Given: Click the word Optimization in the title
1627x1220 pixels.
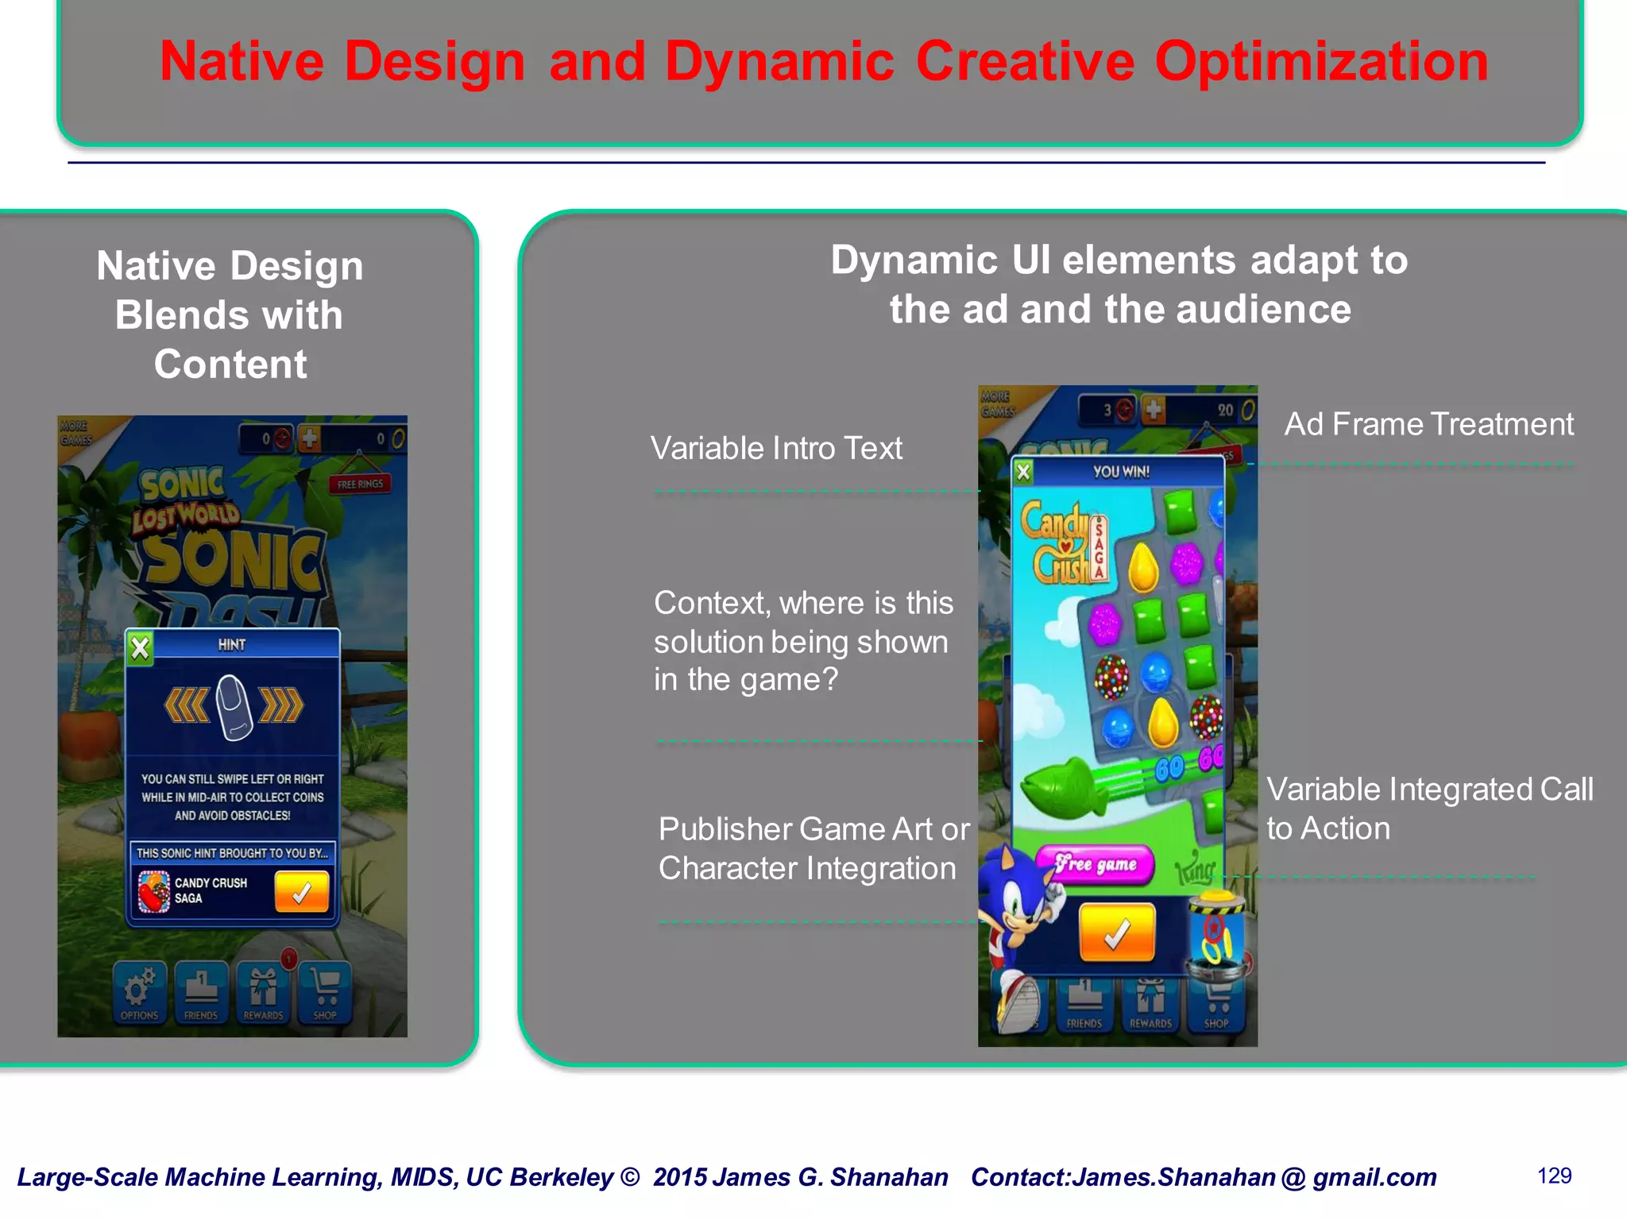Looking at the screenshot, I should tap(1320, 62).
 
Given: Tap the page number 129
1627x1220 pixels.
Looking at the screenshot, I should tap(1554, 1176).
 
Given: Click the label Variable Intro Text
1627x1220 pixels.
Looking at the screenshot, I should tap(776, 449).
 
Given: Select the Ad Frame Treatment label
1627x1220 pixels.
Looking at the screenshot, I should tap(1428, 424).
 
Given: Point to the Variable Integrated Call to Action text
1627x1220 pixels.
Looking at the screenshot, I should tap(1428, 809).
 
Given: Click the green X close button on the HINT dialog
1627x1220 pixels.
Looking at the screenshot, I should tap(141, 648).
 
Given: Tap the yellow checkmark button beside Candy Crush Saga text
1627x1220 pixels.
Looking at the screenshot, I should tap(301, 892).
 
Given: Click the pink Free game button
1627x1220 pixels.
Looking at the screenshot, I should tap(1095, 864).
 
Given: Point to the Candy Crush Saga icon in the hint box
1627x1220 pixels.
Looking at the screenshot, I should tap(153, 891).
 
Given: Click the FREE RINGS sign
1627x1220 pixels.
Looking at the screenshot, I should tap(359, 484).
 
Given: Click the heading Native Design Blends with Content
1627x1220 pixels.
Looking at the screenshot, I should tap(230, 315).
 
